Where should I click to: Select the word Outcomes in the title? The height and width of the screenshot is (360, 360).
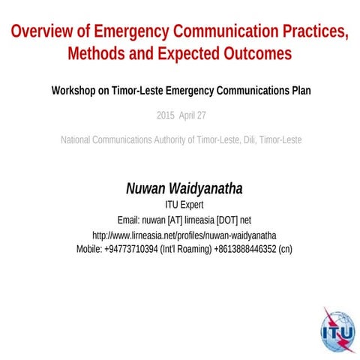(x=251, y=54)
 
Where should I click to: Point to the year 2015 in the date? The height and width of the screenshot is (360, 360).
(x=166, y=115)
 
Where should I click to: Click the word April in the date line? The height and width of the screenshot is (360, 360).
(x=187, y=115)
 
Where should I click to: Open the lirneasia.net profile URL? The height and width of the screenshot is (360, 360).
(x=179, y=235)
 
